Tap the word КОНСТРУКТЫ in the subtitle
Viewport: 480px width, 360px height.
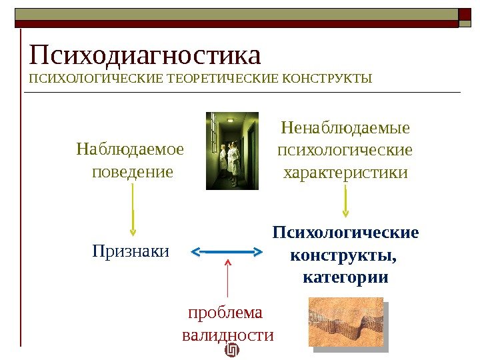(x=327, y=81)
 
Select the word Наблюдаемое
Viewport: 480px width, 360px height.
(x=131, y=147)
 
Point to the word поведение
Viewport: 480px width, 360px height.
(x=132, y=171)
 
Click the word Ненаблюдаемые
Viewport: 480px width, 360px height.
(x=345, y=127)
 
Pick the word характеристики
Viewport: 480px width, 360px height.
(x=345, y=173)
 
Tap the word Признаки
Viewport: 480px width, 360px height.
(x=131, y=251)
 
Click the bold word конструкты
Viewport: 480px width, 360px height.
(x=344, y=255)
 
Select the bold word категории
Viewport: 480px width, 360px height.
(x=345, y=276)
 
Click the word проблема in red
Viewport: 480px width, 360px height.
(x=226, y=312)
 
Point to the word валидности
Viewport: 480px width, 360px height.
(x=228, y=335)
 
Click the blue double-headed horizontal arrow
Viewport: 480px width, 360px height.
(x=228, y=251)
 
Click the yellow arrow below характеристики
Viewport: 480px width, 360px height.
(x=345, y=201)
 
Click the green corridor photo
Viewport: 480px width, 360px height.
(x=232, y=151)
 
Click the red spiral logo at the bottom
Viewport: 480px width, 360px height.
(x=233, y=351)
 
